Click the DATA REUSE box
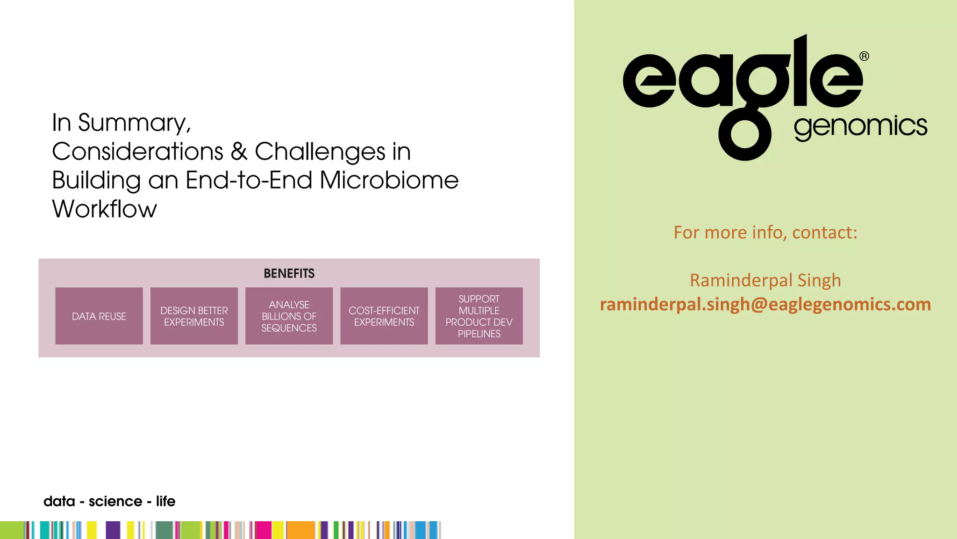[x=99, y=316]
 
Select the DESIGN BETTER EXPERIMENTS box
[x=194, y=316]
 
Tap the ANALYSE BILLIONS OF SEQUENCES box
[x=289, y=316]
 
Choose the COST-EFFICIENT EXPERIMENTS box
[x=384, y=316]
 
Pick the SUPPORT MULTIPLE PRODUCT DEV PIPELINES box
[x=479, y=316]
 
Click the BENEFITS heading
[x=289, y=274]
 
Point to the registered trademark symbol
[x=864, y=57]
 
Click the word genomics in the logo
[x=860, y=127]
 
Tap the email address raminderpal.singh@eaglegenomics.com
[x=765, y=305]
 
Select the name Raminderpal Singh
[x=765, y=280]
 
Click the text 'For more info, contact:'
[x=765, y=233]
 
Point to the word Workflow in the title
[x=105, y=209]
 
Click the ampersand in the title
[x=239, y=152]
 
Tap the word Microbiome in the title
[x=389, y=180]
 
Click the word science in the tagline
[x=115, y=502]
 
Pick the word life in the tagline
[x=165, y=502]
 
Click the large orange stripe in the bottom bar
[x=300, y=530]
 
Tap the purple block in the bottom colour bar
[x=113, y=530]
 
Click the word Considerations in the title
[x=138, y=152]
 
